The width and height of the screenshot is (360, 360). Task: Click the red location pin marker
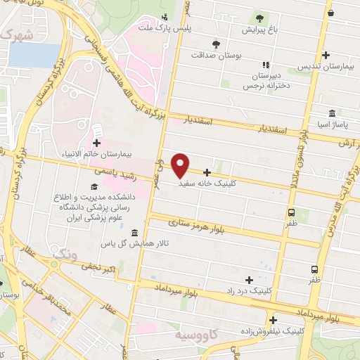click(180, 165)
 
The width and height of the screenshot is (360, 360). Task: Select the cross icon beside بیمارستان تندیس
click(326, 55)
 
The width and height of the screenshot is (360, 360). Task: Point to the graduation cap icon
click(93, 186)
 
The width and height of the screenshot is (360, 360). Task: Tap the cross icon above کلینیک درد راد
click(249, 280)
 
